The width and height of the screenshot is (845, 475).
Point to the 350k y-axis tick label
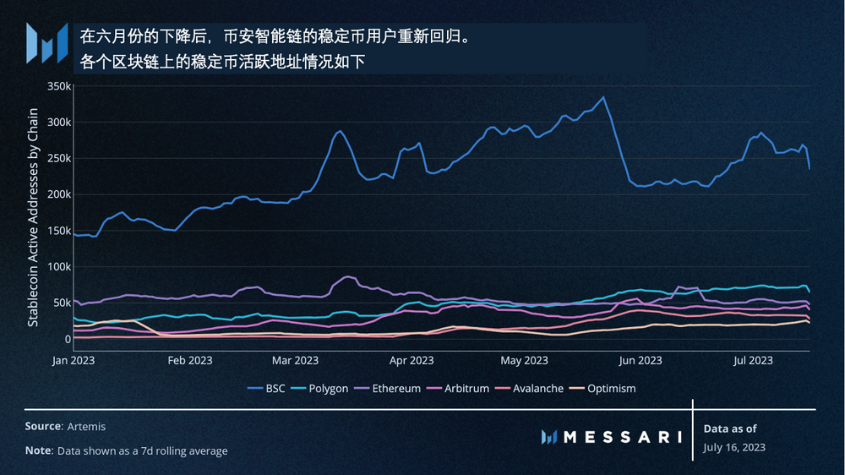click(57, 86)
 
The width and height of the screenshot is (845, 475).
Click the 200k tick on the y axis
click(57, 194)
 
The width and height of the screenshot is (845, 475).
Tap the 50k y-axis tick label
click(60, 303)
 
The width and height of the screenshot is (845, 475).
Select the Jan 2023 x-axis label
click(74, 360)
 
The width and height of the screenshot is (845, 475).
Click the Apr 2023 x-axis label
click(412, 360)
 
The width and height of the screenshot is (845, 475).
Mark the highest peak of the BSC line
click(602, 97)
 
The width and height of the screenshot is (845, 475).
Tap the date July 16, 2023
click(734, 447)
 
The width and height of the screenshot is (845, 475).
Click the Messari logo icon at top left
click(46, 43)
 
